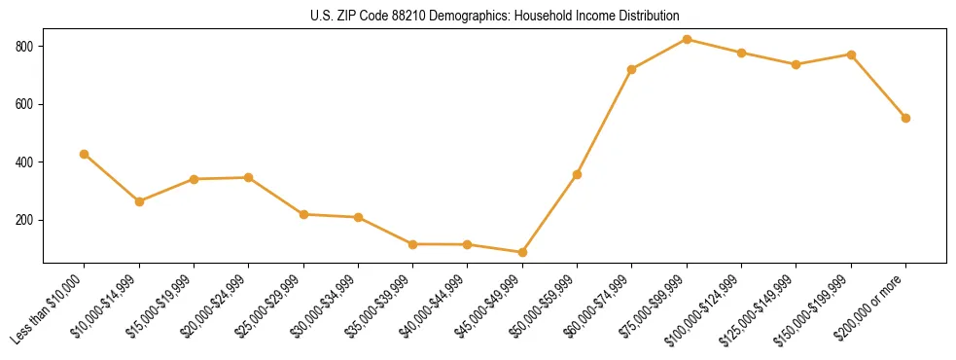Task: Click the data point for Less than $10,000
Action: (85, 154)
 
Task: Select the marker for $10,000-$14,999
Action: (139, 201)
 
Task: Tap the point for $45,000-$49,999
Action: (522, 252)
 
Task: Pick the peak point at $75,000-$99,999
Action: (687, 39)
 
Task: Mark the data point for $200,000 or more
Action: (905, 118)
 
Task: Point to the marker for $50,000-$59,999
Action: (577, 174)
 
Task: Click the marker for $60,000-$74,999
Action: (632, 69)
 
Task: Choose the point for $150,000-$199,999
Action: (851, 54)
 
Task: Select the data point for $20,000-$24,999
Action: (249, 177)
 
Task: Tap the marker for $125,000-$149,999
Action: (797, 64)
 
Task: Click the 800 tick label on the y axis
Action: (26, 46)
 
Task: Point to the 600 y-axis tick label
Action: (26, 104)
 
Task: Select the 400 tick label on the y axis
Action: (26, 162)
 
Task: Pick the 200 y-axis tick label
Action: (26, 220)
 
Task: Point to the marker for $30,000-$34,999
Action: (358, 217)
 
